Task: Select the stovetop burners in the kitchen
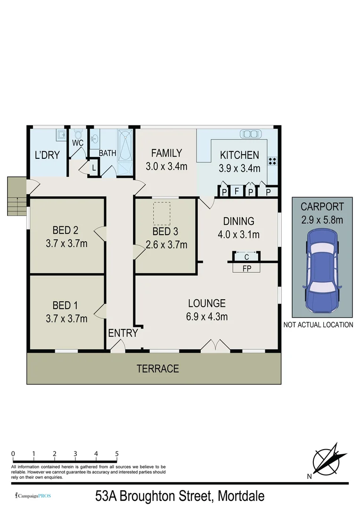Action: tap(272, 161)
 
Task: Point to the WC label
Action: tap(78, 142)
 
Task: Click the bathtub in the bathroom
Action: tap(126, 147)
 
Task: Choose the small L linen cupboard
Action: tap(94, 167)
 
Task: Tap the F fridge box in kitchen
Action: tap(237, 191)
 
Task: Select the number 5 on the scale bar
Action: tap(117, 454)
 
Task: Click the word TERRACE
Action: tap(158, 369)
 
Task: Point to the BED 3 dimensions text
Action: tap(166, 245)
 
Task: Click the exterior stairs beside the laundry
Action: tap(16, 197)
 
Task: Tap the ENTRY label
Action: tap(123, 333)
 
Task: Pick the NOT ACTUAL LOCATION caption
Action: tap(318, 325)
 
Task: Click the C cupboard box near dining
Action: tap(246, 256)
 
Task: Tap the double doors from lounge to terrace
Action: tap(215, 347)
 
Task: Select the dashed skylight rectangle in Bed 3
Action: tap(162, 213)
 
